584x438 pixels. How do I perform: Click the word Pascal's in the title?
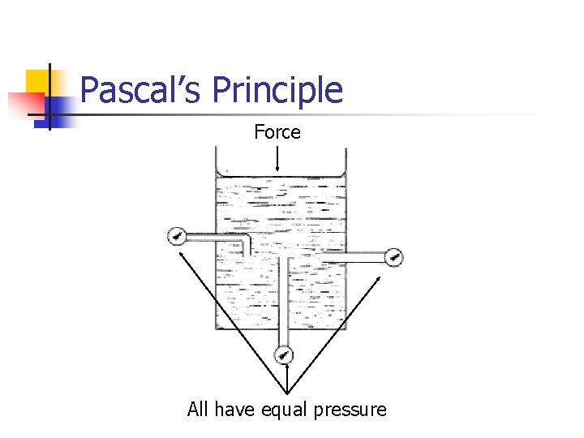(142, 89)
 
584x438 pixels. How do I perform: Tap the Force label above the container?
(277, 132)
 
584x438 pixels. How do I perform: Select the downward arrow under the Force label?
(277, 159)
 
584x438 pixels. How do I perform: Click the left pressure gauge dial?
(176, 237)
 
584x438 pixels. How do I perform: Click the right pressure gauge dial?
(394, 258)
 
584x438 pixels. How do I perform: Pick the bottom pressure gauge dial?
(284, 354)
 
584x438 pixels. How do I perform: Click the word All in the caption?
(197, 410)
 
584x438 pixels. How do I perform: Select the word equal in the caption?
(283, 410)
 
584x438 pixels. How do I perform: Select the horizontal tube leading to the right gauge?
(357, 258)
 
